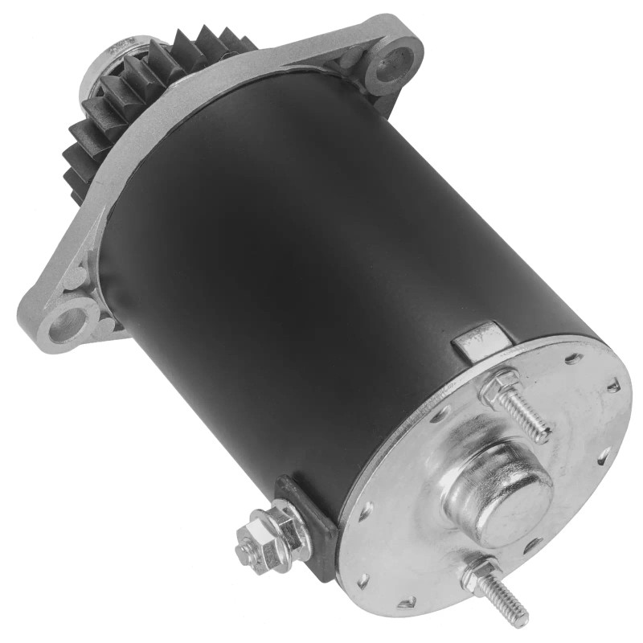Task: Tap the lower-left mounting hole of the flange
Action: tap(68, 324)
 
